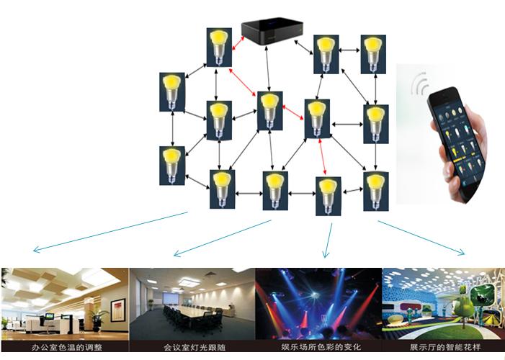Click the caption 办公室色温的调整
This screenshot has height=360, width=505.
63,346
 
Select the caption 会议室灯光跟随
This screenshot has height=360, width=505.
191,346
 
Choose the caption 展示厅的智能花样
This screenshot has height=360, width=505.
444,346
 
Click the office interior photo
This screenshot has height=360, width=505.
65,303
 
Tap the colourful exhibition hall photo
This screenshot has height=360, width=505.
444,303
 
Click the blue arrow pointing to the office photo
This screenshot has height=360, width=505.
108,232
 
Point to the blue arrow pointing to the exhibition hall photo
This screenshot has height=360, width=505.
422,238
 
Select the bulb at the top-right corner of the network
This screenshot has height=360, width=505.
372,51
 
